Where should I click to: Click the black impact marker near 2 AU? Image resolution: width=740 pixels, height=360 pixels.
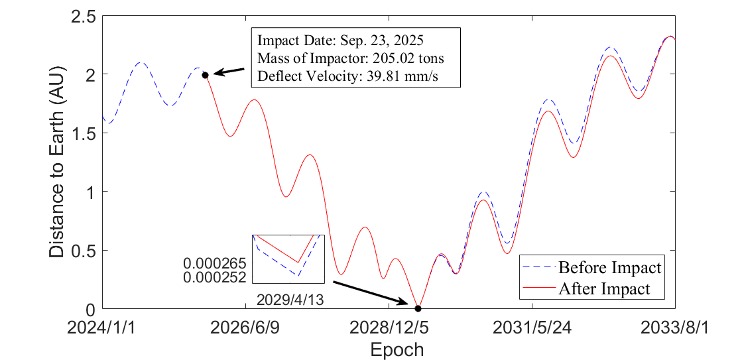pos(205,75)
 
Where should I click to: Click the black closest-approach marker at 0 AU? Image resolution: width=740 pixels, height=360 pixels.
pos(418,308)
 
